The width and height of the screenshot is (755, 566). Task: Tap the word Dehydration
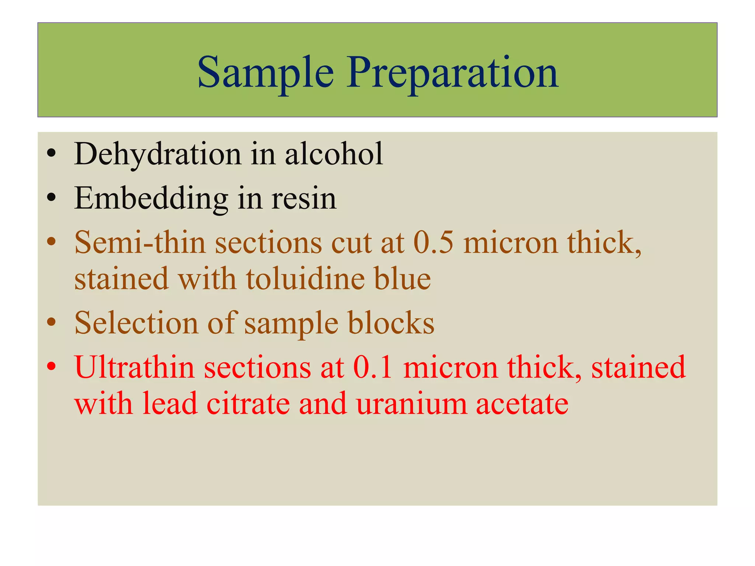pos(158,154)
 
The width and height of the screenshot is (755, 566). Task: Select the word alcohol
pos(334,154)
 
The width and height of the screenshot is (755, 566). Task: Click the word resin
pos(304,199)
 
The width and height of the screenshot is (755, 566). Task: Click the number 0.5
pos(434,243)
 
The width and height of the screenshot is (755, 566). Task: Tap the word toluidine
pos(306,279)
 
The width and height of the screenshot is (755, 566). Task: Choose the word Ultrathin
pos(135,367)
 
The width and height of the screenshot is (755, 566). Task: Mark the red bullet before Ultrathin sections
pos(52,367)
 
